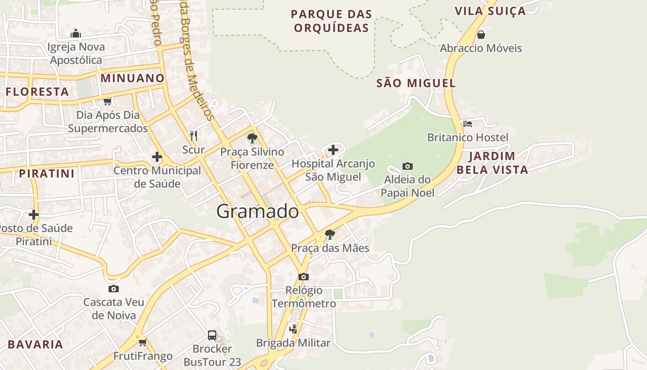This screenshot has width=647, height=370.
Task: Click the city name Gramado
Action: (x=258, y=211)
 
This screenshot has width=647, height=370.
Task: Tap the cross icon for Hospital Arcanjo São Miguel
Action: (x=333, y=149)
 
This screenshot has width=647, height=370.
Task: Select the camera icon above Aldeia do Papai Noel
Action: (x=407, y=166)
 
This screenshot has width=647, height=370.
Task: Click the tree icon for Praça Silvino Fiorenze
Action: (x=252, y=138)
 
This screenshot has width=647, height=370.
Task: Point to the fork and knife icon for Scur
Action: (x=194, y=136)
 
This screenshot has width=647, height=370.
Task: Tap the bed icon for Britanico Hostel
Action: (x=468, y=124)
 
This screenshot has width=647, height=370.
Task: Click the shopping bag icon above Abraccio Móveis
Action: (x=481, y=35)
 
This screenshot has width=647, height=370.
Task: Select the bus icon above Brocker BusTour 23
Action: (x=212, y=335)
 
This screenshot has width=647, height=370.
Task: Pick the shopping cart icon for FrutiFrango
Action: (x=142, y=342)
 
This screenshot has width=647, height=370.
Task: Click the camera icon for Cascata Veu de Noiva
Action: (x=113, y=289)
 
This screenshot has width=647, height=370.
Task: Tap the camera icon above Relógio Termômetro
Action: (x=303, y=277)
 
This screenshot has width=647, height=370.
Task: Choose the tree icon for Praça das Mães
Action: (x=330, y=234)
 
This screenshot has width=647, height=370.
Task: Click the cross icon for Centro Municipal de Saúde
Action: (x=157, y=157)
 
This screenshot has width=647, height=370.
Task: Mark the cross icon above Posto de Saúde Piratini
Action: (x=33, y=215)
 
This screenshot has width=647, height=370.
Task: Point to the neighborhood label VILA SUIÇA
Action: (x=490, y=11)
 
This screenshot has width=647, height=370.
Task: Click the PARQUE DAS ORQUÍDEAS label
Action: (x=331, y=21)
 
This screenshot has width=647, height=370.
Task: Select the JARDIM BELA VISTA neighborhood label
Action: (x=492, y=163)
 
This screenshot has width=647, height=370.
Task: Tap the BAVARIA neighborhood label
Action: (x=36, y=345)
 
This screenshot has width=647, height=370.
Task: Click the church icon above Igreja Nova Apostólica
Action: (x=76, y=33)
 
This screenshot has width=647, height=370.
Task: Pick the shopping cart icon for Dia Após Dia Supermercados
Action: (x=108, y=101)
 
